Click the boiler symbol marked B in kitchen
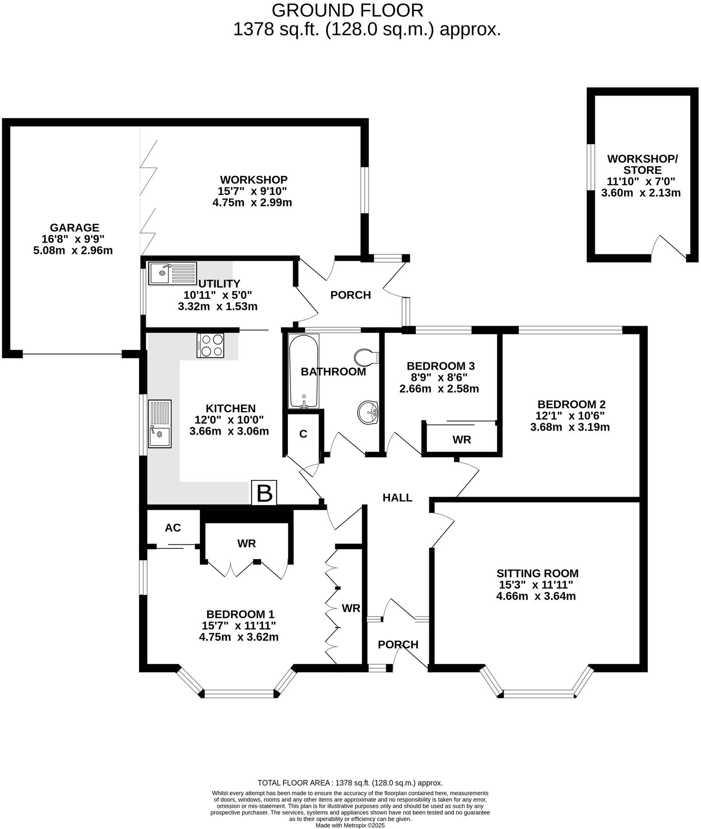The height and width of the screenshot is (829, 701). pos(264,493)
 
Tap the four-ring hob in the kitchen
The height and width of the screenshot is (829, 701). pos(210,345)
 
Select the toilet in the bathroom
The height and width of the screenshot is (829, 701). pos(365,357)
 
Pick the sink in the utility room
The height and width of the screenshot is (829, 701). pos(172,273)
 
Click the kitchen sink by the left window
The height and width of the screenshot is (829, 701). pos(160,423)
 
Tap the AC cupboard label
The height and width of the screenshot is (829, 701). pos(173,528)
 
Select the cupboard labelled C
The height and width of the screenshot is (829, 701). pos(303,434)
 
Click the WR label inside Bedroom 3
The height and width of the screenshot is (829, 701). pos(462,440)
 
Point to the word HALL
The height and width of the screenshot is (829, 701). pos(397,498)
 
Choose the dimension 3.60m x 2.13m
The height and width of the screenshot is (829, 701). pos(641,192)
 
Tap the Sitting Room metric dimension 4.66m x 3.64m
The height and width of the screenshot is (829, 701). pos(536,596)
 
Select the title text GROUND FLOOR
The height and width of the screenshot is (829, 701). pos(347,10)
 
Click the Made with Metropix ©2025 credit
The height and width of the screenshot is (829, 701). pos(350,825)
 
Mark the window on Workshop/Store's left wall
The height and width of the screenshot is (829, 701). pos(591,167)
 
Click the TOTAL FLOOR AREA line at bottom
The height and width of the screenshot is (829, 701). pos(350,783)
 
